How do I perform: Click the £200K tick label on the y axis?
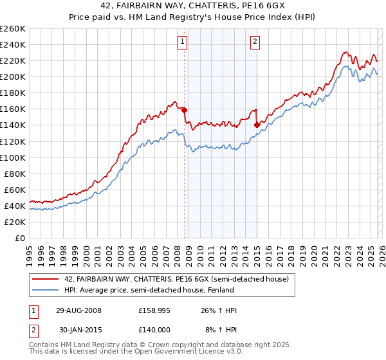[x=13, y=76]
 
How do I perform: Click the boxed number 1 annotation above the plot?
[x=183, y=42]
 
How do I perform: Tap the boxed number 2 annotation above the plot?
[x=255, y=42]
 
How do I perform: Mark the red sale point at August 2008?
[x=185, y=110]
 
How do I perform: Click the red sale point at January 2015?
[x=257, y=125]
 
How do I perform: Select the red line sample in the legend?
[x=46, y=279]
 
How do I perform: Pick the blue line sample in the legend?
[x=46, y=290]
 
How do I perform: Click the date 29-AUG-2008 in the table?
[x=78, y=310]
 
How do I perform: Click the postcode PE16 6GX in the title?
[x=255, y=7]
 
